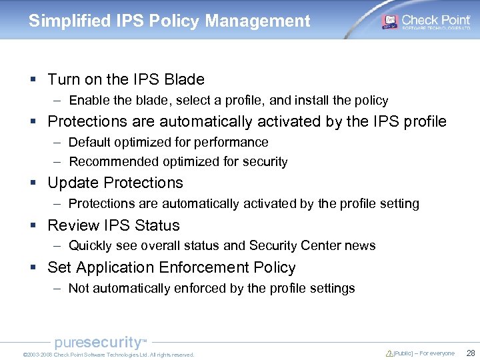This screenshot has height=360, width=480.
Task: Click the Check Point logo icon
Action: click(389, 21)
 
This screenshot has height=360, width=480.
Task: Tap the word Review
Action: click(71, 225)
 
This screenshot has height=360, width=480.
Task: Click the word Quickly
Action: click(91, 246)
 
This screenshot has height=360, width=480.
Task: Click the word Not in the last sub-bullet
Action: click(79, 289)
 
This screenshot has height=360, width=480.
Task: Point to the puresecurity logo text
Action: click(99, 343)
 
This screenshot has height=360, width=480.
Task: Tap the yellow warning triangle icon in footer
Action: click(389, 353)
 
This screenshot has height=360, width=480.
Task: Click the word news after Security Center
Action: click(361, 246)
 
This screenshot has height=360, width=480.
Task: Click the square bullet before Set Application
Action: click(33, 268)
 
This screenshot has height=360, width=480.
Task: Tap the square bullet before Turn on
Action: click(33, 80)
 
